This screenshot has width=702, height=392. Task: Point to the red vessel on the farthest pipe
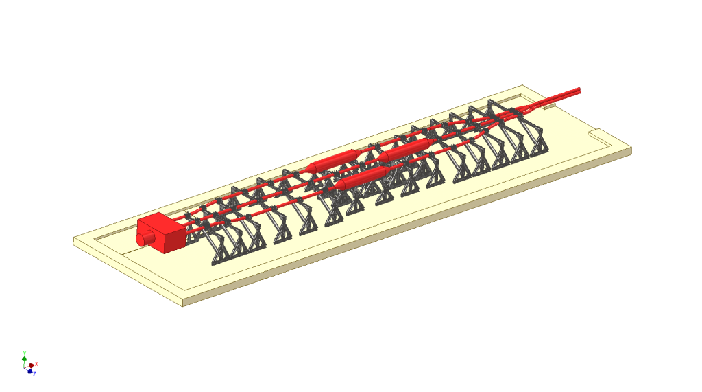[x=333, y=161]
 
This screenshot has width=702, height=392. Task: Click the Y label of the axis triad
[x=24, y=353]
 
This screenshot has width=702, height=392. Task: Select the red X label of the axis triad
[x=36, y=363]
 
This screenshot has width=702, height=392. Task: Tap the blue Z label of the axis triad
[x=34, y=374]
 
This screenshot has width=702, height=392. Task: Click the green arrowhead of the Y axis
[x=25, y=358]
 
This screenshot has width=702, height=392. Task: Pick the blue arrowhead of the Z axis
[x=30, y=371]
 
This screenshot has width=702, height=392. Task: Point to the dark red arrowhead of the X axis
[x=32, y=365]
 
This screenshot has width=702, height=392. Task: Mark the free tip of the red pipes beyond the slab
[x=579, y=89]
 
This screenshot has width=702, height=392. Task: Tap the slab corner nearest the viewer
[x=183, y=303]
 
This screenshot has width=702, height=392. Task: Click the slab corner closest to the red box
[x=75, y=240]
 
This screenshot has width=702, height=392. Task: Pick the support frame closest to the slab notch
[x=535, y=137]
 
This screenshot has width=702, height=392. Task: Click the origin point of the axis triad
[x=25, y=367]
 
